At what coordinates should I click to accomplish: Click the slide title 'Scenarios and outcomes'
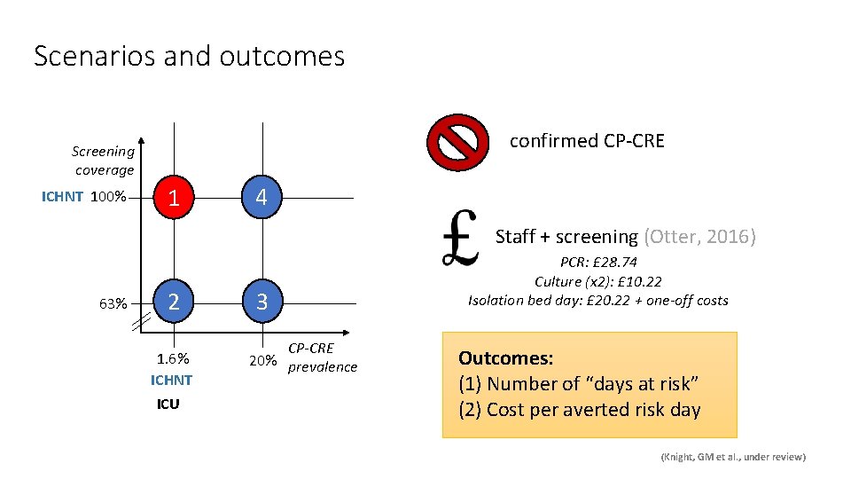click(x=189, y=57)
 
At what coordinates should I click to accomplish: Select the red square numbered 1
click(x=175, y=197)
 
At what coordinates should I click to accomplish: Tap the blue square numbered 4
click(x=261, y=197)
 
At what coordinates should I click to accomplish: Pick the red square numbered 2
click(x=175, y=302)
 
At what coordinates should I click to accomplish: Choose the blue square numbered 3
click(x=261, y=302)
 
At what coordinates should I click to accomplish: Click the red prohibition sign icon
click(x=457, y=142)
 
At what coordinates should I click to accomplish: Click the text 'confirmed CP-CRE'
click(x=586, y=141)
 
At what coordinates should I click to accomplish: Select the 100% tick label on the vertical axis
click(x=111, y=197)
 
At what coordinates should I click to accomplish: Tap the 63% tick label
click(x=113, y=304)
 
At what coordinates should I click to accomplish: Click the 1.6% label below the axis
click(x=173, y=359)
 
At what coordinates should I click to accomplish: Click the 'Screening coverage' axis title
click(x=104, y=161)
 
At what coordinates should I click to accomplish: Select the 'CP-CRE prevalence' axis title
click(x=323, y=358)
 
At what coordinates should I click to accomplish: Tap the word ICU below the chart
click(x=168, y=404)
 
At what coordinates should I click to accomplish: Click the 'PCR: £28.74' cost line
click(x=597, y=263)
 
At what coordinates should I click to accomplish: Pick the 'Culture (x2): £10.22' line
click(x=597, y=281)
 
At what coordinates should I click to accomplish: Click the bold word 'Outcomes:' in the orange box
click(x=505, y=358)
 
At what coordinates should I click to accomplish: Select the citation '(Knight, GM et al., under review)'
click(x=733, y=456)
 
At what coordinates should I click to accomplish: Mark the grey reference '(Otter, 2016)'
click(x=699, y=237)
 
